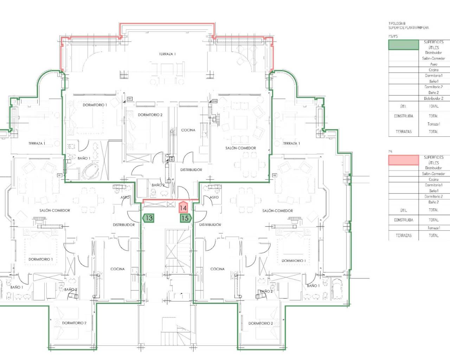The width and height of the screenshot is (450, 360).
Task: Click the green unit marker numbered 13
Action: [x=149, y=218]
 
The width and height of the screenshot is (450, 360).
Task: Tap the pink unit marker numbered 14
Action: [x=183, y=208]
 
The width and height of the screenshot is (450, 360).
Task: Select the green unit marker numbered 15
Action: [x=185, y=218]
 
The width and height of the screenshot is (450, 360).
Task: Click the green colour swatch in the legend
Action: [x=403, y=45]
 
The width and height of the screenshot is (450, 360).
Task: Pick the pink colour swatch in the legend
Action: [x=403, y=160]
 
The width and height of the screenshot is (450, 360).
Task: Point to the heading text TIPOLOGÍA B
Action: [x=397, y=24]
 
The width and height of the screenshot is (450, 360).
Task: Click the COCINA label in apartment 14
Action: [x=188, y=130]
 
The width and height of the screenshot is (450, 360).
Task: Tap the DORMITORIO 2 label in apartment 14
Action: [x=150, y=115]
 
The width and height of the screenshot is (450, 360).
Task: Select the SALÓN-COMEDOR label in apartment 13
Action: [x=54, y=211]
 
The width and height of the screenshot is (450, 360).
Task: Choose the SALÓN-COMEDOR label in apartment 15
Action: [x=277, y=211]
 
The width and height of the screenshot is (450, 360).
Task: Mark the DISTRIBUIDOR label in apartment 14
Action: [x=191, y=170]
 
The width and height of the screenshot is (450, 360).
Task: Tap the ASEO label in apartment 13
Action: [x=125, y=198]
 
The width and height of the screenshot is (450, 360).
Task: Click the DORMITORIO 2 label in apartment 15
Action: [x=261, y=323]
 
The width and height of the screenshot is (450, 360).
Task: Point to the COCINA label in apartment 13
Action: [x=117, y=269]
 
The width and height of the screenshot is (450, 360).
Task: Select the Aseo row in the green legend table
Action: [x=433, y=64]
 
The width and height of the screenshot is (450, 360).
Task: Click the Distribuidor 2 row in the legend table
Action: [x=433, y=98]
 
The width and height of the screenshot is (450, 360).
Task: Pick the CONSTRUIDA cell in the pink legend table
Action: [x=403, y=220]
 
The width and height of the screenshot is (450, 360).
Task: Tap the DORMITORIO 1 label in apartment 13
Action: [x=40, y=259]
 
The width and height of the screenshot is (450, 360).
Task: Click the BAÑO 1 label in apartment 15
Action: [x=313, y=286]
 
